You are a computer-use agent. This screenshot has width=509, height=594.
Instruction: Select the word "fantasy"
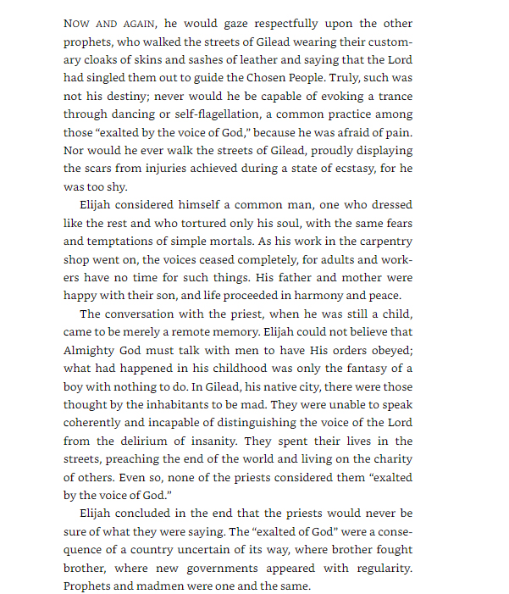(x=372, y=368)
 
